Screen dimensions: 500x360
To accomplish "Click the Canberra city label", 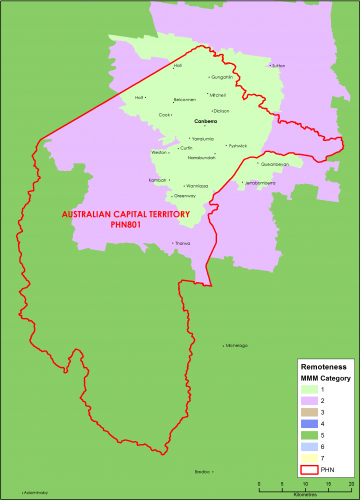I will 206,121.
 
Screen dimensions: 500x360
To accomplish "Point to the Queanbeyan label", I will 273,164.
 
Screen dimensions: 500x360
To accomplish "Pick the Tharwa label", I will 182,243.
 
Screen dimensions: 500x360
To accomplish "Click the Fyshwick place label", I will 237,146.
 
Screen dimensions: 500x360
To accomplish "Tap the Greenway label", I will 170,196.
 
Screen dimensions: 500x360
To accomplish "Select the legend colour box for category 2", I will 311,400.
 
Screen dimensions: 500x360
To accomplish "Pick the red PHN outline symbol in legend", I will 311,468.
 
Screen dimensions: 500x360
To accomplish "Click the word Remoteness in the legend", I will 321,367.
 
